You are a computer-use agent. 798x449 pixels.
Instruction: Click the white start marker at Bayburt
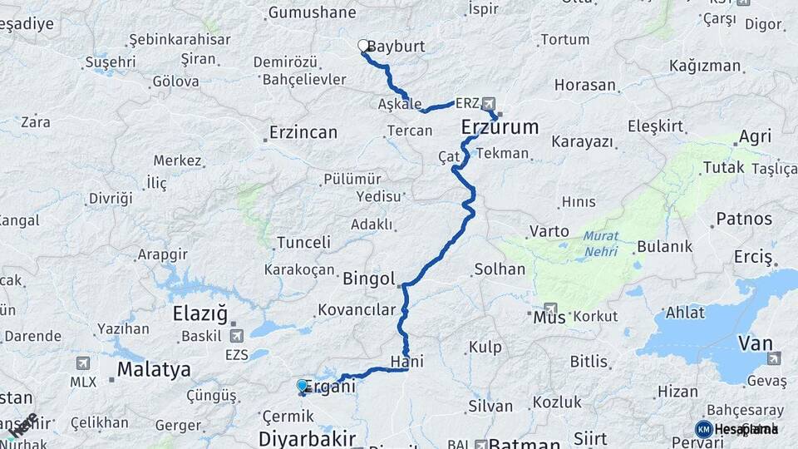coord(363,46)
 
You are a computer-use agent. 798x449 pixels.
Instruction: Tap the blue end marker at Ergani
coord(302,386)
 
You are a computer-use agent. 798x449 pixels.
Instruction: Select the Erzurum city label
coord(500,127)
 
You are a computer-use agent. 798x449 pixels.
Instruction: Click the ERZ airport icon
coord(488,104)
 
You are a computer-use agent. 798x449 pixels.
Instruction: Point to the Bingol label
coord(368,279)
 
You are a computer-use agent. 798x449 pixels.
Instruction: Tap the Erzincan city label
coord(303,132)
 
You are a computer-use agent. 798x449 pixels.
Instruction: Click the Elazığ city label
coord(199,314)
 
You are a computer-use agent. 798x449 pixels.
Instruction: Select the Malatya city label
coord(154,369)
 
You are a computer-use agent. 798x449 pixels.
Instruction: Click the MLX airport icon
coord(82,363)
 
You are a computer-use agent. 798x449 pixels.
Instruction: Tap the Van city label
coord(755,343)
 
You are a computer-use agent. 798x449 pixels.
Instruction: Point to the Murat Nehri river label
coord(600,244)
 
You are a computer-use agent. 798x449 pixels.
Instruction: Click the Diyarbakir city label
coord(308,438)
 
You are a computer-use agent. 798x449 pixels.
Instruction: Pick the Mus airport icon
coord(551,309)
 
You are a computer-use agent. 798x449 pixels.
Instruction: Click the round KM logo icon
coord(703,429)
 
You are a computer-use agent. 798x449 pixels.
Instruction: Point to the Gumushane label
coord(312,12)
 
